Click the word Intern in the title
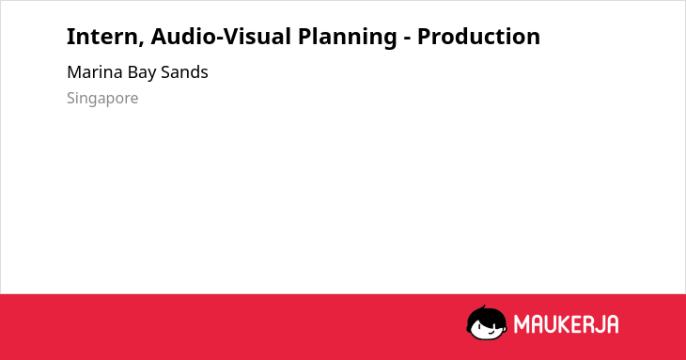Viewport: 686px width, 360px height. (102, 37)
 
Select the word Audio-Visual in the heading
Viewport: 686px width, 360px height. (221, 37)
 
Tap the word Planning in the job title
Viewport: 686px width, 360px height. (348, 38)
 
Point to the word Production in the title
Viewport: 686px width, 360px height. (478, 37)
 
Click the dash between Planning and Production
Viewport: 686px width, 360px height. (407, 39)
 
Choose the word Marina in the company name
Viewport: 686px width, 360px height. (95, 71)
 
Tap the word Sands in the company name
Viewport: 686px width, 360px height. (184, 71)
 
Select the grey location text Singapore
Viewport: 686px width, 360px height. (102, 98)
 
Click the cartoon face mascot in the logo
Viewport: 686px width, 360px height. (487, 322)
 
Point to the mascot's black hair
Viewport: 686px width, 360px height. (486, 314)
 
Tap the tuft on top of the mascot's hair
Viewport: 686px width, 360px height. (483, 307)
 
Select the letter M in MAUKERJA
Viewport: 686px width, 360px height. (522, 324)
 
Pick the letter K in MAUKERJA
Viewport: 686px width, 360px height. (565, 324)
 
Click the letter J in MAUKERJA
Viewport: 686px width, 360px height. (600, 324)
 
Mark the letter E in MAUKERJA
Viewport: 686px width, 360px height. (577, 324)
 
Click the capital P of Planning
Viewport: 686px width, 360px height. (304, 37)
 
